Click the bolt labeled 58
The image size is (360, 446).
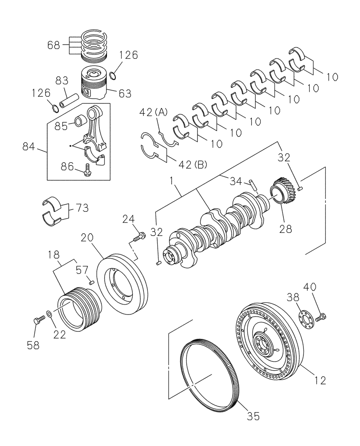click(x=38, y=320)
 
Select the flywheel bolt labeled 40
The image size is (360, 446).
click(x=320, y=318)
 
